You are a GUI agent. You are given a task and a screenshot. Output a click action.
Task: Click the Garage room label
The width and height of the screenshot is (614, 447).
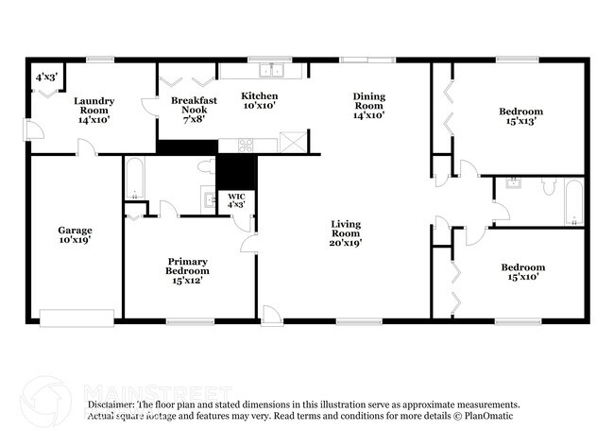76,234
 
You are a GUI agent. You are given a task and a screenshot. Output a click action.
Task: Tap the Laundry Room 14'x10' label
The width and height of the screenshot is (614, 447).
94,110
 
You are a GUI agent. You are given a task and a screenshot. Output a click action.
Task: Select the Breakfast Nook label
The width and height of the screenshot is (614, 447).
194,110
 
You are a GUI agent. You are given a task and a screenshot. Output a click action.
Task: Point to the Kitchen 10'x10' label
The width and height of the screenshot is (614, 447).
260,100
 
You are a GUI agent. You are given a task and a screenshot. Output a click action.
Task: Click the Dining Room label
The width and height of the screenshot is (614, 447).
368,106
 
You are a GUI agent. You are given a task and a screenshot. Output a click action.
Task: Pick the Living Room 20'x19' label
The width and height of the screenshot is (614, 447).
346,233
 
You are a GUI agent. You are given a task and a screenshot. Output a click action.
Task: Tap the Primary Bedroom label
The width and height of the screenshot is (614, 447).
187,270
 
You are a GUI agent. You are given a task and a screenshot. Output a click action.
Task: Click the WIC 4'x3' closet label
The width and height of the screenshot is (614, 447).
236,200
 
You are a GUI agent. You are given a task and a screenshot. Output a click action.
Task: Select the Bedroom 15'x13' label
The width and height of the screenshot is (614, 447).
520,116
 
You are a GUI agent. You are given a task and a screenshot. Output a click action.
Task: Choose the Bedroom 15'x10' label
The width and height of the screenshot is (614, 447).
523,272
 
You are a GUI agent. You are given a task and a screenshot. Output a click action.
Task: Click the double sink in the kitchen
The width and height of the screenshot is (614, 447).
271,71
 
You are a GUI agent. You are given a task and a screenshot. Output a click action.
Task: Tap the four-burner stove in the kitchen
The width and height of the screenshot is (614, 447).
246,146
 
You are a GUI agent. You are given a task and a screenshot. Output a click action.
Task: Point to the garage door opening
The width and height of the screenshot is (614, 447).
77,318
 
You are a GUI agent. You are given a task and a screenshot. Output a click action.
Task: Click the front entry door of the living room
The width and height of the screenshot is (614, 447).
272,316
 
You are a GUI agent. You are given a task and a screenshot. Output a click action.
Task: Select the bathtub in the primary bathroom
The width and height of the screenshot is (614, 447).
135,179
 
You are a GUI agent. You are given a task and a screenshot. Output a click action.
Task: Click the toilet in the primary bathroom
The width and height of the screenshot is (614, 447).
206,166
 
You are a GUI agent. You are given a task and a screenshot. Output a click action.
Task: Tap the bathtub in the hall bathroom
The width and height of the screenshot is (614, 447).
574,202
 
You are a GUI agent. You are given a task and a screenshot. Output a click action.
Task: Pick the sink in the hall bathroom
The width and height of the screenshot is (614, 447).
513,183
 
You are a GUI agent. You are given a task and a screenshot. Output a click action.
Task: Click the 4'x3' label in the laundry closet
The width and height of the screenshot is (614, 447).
46,77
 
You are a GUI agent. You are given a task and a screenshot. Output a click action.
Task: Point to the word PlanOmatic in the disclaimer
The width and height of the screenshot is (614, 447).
488,416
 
